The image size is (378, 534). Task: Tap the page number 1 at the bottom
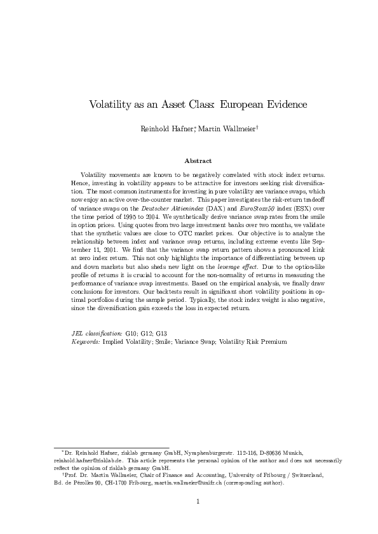click(198, 502)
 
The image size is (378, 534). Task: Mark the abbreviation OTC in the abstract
click(212, 234)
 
